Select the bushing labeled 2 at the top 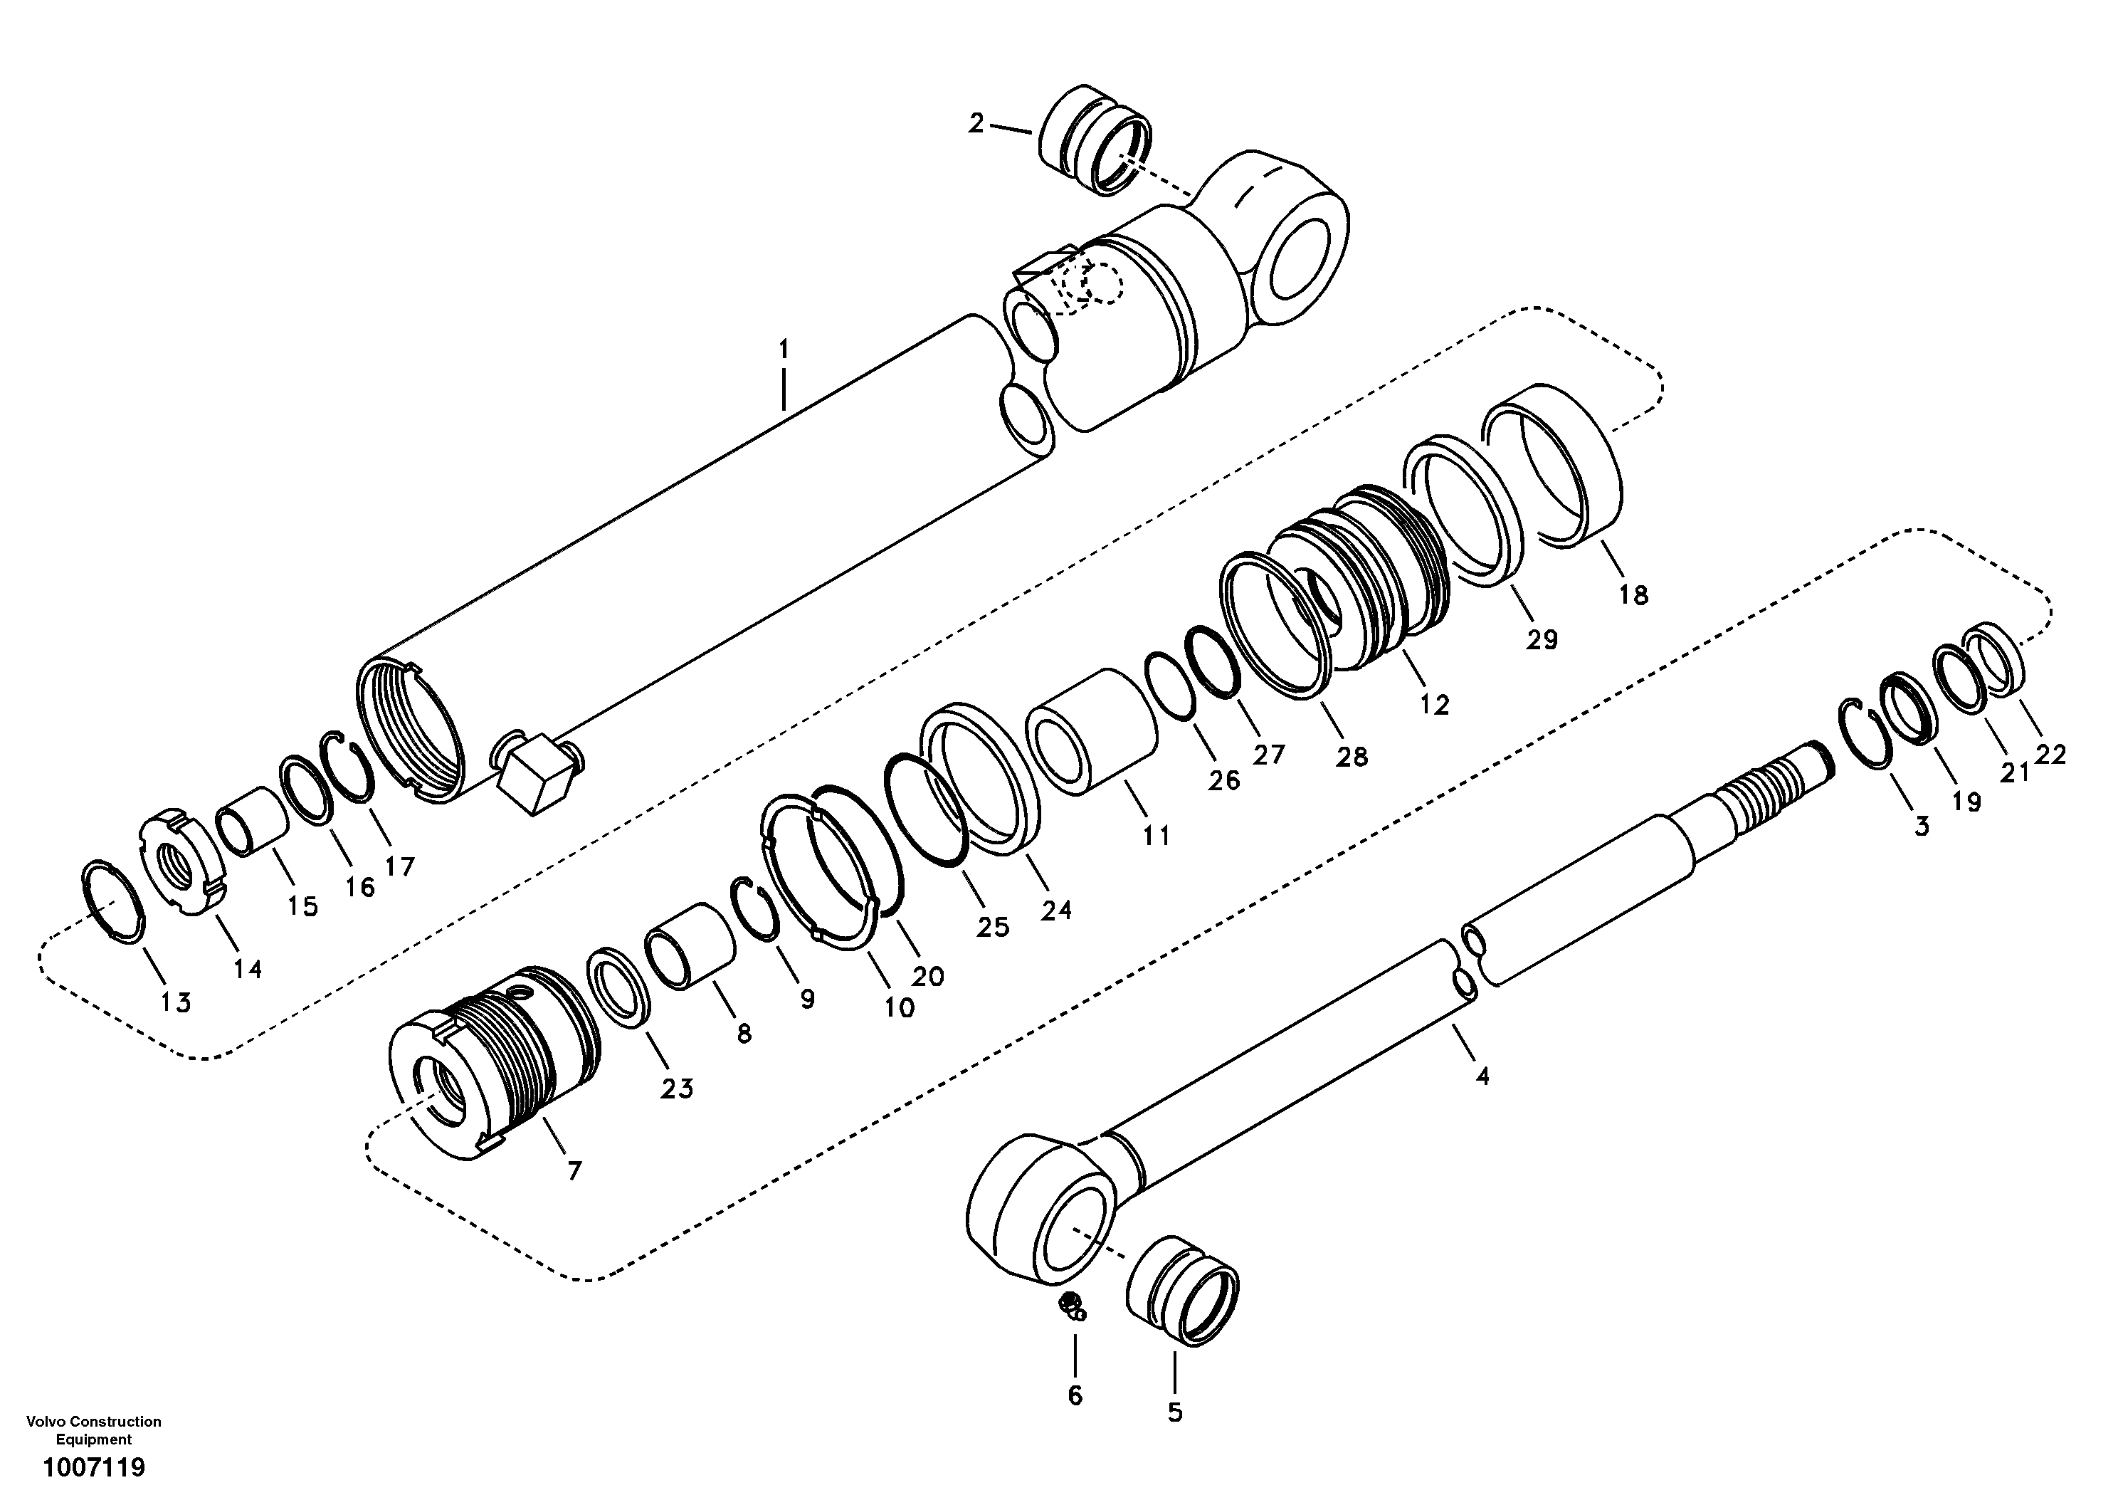[x=1096, y=140]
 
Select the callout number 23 [x=676, y=1089]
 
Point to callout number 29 [x=1542, y=639]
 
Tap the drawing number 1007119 [x=94, y=1467]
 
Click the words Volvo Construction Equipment [x=94, y=1430]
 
